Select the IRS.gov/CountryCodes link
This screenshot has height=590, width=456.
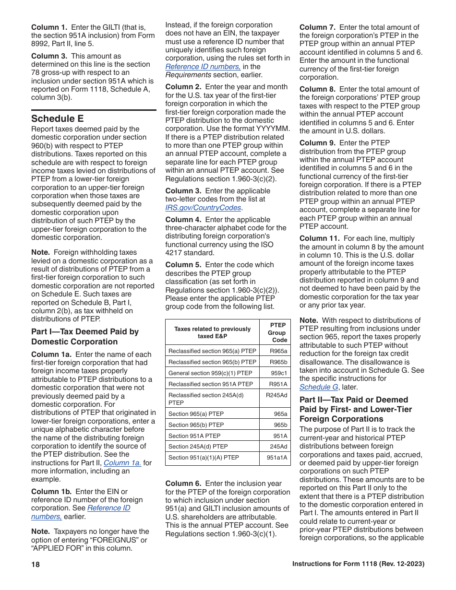tap(204, 208)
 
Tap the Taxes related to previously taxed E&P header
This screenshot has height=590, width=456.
tap(212, 332)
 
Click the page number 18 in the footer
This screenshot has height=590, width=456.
tap(36, 565)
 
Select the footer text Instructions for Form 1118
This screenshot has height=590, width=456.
tap(358, 564)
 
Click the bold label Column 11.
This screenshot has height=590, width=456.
tap(319, 238)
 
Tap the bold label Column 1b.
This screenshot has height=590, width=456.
tap(51, 492)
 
